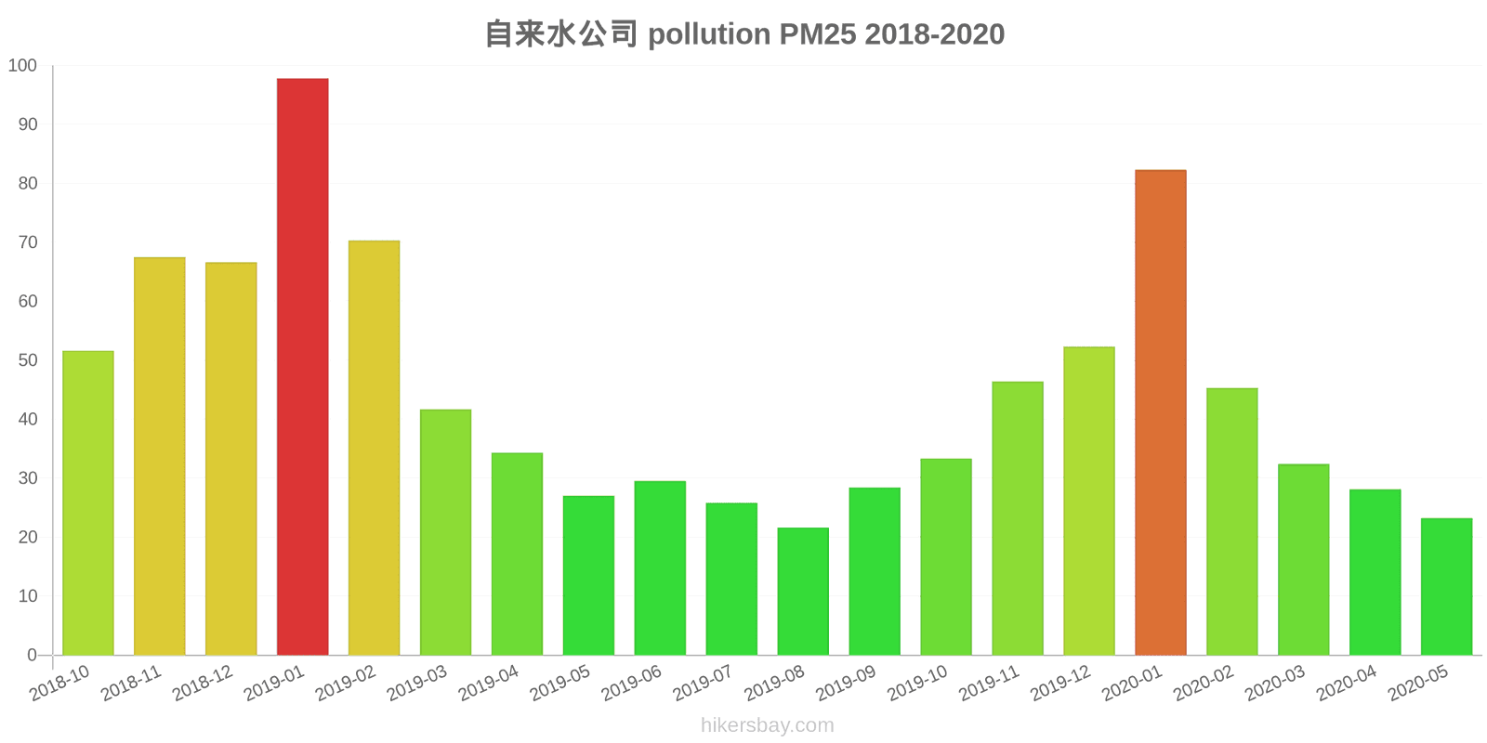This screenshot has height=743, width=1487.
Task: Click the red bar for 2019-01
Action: (x=302, y=367)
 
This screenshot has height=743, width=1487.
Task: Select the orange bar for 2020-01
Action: (x=1160, y=412)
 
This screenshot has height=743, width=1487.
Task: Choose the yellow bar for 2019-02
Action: (x=374, y=448)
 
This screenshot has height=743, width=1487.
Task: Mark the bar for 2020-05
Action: (x=1446, y=586)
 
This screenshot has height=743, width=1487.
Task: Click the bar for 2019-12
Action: (x=1088, y=501)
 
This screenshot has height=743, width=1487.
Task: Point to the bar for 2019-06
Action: (x=660, y=567)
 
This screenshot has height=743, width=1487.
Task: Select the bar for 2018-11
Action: (x=160, y=456)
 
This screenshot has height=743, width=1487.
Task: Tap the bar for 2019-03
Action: (x=445, y=532)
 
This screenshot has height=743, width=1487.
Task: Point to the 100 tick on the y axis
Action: (x=22, y=66)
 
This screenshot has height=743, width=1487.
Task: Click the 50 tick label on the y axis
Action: (x=27, y=360)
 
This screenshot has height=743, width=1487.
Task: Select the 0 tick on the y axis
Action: (x=32, y=655)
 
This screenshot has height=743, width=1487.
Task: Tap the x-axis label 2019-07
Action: (x=703, y=684)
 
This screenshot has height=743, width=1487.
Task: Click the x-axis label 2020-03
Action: (x=1275, y=684)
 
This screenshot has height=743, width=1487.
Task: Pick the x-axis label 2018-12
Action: (x=203, y=684)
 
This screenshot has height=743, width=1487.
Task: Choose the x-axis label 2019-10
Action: (x=917, y=684)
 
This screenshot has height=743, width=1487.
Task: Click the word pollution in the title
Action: (x=709, y=34)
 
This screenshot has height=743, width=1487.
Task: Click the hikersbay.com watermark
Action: (x=768, y=725)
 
